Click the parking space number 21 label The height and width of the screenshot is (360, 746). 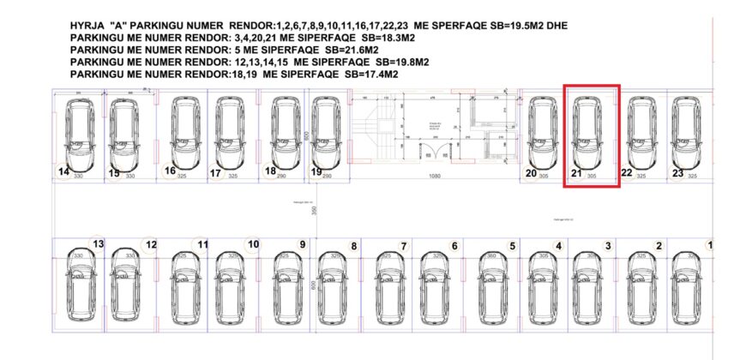(x=577, y=173)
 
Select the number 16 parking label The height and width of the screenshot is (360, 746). (x=170, y=171)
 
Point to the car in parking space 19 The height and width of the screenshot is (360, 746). (x=325, y=133)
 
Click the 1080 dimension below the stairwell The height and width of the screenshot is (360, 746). (x=435, y=177)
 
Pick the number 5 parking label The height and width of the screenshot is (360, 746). (x=512, y=246)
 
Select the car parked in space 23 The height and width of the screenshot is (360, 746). (x=686, y=133)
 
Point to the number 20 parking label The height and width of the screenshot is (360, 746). (x=531, y=173)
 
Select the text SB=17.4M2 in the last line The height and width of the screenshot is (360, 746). (x=373, y=75)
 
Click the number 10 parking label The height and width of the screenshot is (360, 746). (x=253, y=244)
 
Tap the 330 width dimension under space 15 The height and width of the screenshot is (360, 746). (x=130, y=177)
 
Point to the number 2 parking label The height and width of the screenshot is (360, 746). (x=659, y=246)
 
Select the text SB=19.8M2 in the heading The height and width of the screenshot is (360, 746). (x=395, y=63)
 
